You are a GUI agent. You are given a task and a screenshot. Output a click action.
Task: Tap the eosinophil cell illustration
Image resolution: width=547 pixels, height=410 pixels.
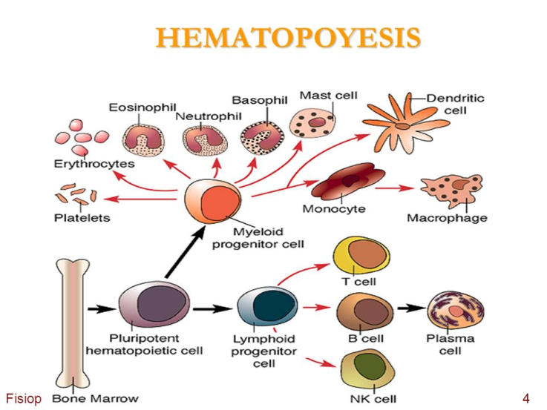tap(141, 139)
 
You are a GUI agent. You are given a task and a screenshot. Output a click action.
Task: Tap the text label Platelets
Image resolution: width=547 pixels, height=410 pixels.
tap(82, 218)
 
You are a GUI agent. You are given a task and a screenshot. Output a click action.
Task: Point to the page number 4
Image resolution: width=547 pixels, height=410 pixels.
tap(525, 399)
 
